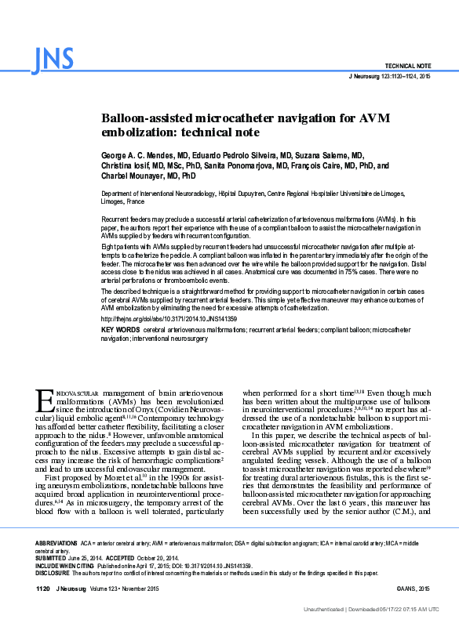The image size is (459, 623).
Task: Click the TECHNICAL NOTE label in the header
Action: coord(407,67)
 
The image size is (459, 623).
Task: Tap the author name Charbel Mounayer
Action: coord(134,176)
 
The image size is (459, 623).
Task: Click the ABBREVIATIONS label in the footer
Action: coord(56,542)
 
